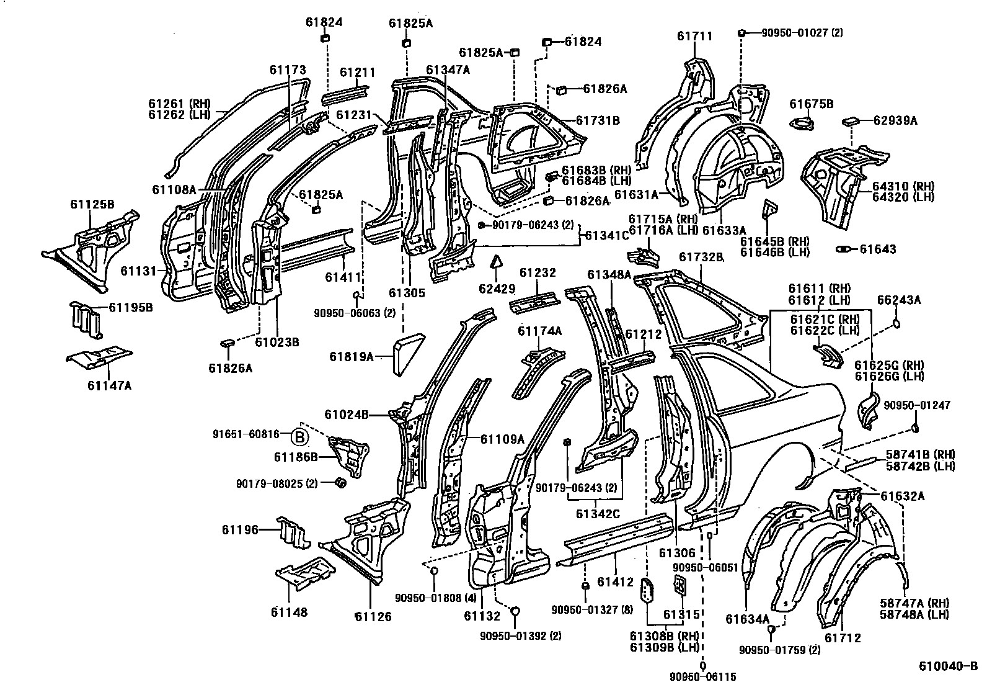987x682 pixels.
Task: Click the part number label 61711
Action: click(694, 37)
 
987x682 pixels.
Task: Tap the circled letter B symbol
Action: click(299, 437)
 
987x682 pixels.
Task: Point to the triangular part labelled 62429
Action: click(495, 261)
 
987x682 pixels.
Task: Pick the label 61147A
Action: click(109, 385)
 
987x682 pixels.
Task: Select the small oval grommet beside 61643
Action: click(843, 249)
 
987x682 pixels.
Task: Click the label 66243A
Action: click(899, 300)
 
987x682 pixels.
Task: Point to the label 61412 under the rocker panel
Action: click(615, 582)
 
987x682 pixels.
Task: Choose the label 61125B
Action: click(92, 204)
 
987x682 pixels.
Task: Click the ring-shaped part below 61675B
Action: click(803, 124)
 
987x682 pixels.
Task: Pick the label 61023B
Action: click(277, 342)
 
